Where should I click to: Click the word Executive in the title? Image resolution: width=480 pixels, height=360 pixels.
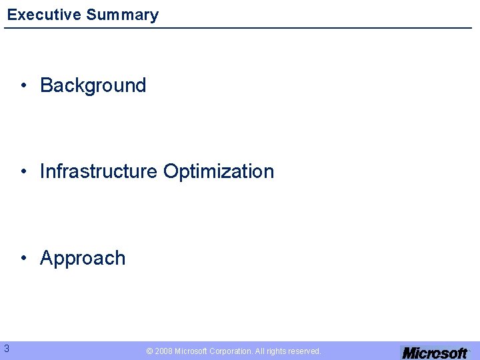tap(44, 15)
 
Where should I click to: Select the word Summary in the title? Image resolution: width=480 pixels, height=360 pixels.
tap(122, 15)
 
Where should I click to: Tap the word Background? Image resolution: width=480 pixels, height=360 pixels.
tap(93, 85)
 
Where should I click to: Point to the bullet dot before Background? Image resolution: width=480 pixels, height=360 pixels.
tap(23, 85)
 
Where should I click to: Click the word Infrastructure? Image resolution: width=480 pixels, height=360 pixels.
tap(99, 171)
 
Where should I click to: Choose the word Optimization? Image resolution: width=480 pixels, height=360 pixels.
tap(219, 171)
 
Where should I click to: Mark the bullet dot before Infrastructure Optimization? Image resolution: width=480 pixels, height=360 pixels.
tap(23, 172)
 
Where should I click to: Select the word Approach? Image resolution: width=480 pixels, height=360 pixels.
tap(83, 258)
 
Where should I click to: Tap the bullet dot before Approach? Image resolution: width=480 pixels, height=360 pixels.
tap(23, 259)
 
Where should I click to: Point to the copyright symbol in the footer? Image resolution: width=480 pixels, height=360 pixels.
tap(149, 351)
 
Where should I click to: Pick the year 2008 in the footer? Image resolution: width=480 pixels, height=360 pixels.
tap(163, 351)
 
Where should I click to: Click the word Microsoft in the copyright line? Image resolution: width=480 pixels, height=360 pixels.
tap(191, 351)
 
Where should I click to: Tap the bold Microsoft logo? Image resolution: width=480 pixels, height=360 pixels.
tap(434, 353)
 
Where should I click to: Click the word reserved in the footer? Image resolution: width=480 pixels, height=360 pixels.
tap(305, 351)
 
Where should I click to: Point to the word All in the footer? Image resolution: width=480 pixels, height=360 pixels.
tap(259, 351)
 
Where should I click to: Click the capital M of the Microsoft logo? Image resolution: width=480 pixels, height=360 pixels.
tap(409, 353)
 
